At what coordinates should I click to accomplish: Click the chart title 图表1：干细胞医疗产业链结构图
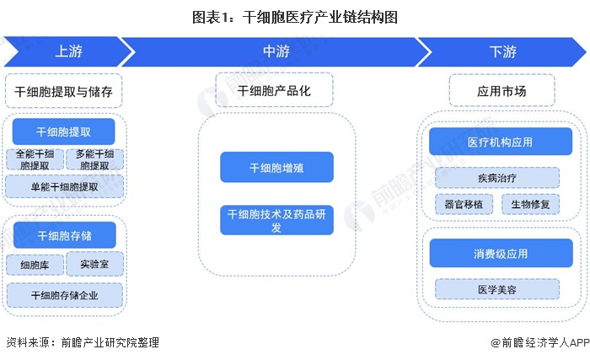[295, 15]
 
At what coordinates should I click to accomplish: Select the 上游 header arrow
[68, 51]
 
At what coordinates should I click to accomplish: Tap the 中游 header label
[276, 51]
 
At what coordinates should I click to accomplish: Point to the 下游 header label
[502, 51]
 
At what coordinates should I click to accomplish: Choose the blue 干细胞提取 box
[64, 132]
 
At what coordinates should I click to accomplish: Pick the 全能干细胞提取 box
[35, 159]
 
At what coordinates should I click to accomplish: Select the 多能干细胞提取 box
[94, 159]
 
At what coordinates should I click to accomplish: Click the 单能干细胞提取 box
[64, 186]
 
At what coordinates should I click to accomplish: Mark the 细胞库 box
[35, 265]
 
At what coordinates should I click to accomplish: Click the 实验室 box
[94, 263]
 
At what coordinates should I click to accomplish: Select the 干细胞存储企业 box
[64, 295]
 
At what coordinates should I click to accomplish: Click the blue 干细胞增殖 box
[276, 168]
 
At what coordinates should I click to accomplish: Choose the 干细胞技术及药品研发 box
[276, 221]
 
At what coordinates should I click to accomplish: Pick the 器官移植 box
[462, 204]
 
